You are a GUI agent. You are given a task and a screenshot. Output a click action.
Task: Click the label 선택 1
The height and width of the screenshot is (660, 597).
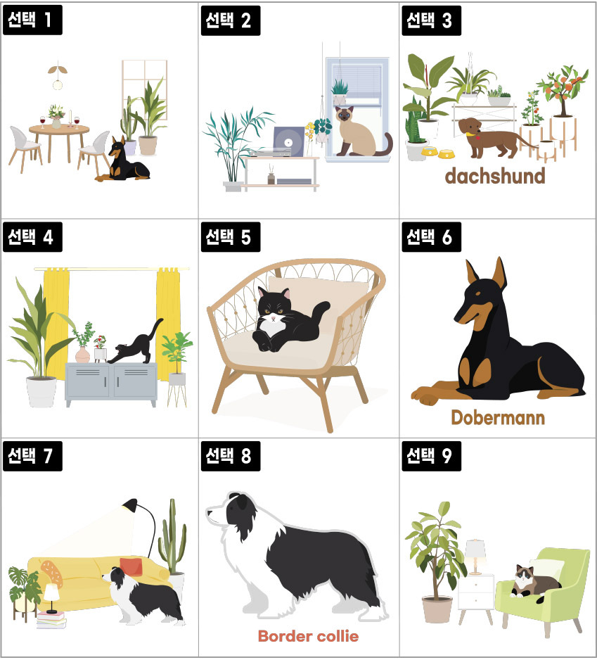[x=32, y=20]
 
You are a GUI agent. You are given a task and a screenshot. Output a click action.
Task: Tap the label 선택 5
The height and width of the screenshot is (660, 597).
[x=231, y=237]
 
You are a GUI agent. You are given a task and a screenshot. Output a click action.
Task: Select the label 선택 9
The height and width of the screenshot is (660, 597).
[x=431, y=456]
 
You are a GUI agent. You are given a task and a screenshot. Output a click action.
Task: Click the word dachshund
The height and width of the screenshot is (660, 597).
[x=495, y=176]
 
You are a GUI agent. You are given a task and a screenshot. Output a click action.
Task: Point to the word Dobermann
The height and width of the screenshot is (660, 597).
[x=498, y=417]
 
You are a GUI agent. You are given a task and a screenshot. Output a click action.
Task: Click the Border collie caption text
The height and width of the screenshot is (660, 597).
[x=309, y=636]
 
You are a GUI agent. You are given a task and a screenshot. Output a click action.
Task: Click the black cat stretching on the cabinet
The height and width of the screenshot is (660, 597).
[x=134, y=342]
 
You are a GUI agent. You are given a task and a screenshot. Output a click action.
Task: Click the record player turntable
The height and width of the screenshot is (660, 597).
[x=280, y=143]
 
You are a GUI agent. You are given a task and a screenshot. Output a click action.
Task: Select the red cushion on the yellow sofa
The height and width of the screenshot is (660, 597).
[x=131, y=566]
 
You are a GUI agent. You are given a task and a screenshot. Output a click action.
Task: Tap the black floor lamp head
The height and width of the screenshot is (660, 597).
[x=130, y=505]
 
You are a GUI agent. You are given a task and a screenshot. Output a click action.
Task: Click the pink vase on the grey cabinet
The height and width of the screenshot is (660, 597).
[x=82, y=355]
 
